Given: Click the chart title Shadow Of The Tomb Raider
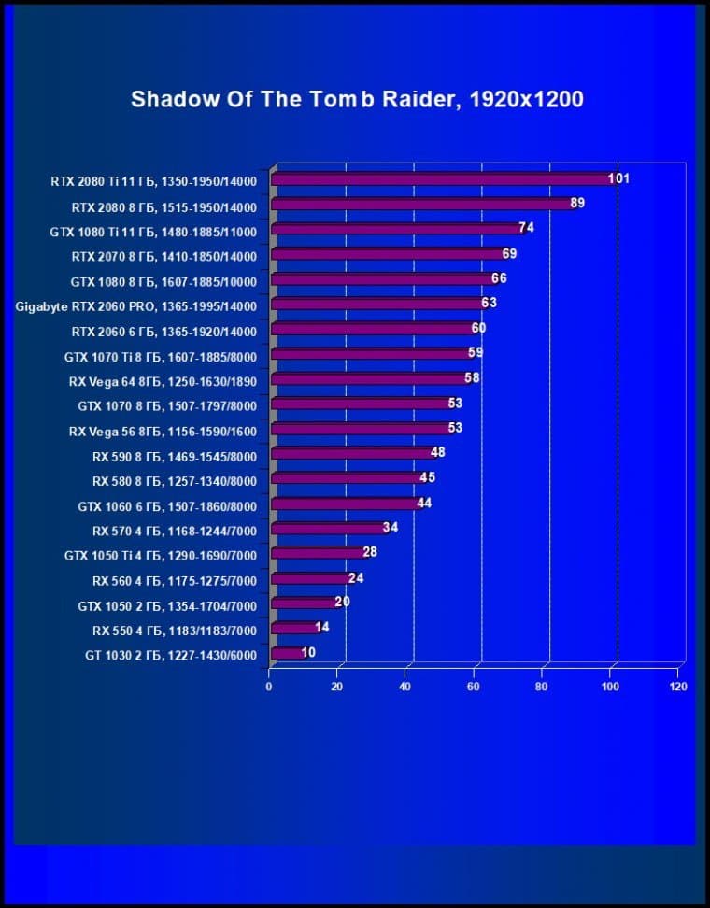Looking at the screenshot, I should point(357,99).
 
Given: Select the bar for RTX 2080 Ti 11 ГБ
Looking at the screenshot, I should point(439,179).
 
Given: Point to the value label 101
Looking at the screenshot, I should point(618,178).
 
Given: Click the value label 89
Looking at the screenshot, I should point(577,203).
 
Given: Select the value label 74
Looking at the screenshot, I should point(526,228).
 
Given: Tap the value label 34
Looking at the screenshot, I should point(390,528).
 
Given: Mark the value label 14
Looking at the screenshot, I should point(321,628).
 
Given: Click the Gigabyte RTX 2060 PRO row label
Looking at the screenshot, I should point(135,305).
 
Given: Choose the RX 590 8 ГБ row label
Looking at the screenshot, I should point(174,456).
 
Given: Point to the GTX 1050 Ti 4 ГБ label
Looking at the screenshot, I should point(160,556).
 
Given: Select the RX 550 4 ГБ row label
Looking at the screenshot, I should point(174,631).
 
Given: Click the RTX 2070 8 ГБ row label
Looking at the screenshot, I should point(163,255).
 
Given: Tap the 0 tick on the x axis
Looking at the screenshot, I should point(269,687).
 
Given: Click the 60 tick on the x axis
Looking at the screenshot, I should point(474,687).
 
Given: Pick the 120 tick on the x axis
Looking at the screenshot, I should point(678,687).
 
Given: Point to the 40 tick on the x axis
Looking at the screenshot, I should point(405,687).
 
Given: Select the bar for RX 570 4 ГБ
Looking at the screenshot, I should point(326,529).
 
